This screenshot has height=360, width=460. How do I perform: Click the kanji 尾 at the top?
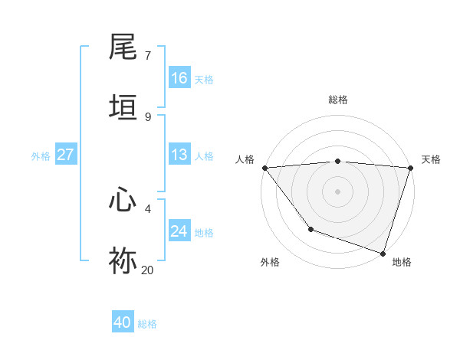coord(123,47)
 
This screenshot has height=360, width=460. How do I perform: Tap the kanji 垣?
coord(123,107)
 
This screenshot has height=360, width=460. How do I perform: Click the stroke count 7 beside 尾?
coord(148,56)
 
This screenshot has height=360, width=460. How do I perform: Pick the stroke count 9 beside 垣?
coord(148,116)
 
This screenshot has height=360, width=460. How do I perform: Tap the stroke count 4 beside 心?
coord(148,208)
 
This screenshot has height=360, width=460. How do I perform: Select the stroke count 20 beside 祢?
coord(148,270)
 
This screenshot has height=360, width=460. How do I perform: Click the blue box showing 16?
coord(179,78)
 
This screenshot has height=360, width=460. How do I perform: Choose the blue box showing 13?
coord(179,155)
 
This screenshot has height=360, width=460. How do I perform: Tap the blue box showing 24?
coord(179,231)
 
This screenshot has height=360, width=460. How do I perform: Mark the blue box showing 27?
coord(66,155)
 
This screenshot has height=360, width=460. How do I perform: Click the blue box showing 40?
coord(123,322)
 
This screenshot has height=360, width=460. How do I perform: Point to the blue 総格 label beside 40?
coord(148,324)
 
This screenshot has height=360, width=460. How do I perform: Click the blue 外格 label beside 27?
coord(41,156)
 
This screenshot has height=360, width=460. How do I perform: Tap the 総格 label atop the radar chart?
coord(337,100)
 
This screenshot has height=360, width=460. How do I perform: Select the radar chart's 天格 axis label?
coord(431,159)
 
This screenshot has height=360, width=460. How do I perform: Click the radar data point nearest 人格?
coord(264,168)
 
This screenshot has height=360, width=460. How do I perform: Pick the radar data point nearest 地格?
coord(383,253)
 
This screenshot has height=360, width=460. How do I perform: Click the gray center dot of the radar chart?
coord(337,191)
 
